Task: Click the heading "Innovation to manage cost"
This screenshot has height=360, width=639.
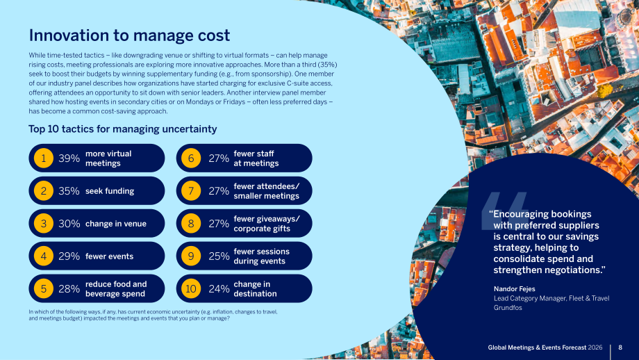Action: [129, 35]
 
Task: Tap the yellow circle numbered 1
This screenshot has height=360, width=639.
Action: [44, 158]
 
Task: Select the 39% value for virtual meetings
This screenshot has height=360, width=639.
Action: [69, 158]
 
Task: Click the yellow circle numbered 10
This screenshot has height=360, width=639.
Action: [191, 288]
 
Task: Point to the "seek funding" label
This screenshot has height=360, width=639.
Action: [110, 191]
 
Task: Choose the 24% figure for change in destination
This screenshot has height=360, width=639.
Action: [219, 288]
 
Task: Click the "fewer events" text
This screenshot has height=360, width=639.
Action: [109, 256]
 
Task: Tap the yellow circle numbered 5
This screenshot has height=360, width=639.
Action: [44, 288]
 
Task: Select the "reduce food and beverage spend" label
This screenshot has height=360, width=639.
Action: [116, 288]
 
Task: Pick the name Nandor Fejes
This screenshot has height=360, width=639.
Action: [514, 288]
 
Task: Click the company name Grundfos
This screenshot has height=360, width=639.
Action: [508, 308]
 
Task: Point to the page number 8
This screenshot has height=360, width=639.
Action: [620, 347]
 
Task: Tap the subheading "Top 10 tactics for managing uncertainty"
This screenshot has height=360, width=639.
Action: [123, 129]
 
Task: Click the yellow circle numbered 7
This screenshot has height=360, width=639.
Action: [191, 191]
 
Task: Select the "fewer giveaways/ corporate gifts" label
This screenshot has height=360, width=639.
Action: [267, 223]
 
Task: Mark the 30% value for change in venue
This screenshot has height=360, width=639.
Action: [69, 223]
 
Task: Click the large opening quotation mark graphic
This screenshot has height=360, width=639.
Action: [505, 211]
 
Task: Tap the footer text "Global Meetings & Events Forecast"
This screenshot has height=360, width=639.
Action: [537, 347]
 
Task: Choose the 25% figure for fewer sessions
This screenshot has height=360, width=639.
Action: [219, 256]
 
